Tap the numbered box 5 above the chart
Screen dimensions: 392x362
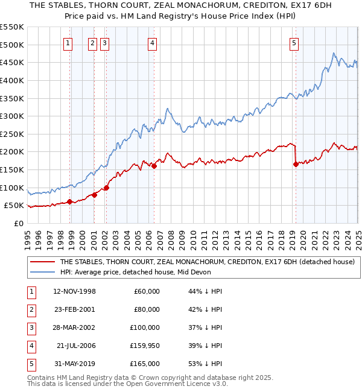(294, 43)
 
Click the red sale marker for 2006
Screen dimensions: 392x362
(154, 166)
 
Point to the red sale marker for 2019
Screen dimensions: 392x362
(296, 164)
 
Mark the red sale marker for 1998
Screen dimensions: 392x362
(70, 201)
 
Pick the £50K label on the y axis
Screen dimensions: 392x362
(14, 206)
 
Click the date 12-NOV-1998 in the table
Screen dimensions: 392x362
(75, 291)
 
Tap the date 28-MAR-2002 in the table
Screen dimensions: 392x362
(75, 327)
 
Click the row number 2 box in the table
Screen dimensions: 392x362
(30, 309)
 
